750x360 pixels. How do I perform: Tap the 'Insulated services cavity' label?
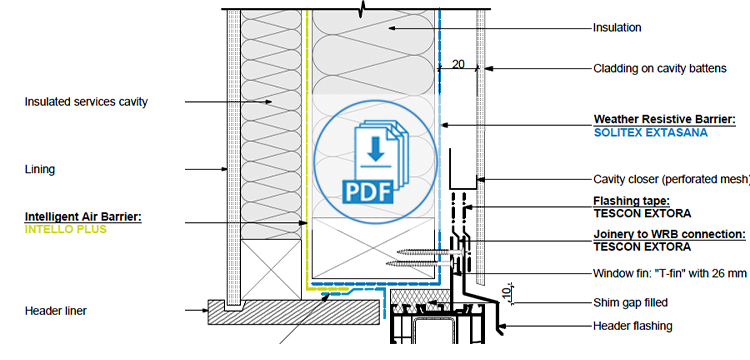point(86,101)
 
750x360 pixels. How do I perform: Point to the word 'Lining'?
point(39,169)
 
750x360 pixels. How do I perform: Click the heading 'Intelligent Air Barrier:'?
point(83,216)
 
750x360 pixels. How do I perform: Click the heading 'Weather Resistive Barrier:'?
point(664,118)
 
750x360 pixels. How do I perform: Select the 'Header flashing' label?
point(632,325)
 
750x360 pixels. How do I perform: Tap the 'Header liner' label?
point(56,311)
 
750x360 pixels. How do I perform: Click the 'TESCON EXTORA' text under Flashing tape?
point(641,213)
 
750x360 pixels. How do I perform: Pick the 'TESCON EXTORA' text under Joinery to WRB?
point(641,246)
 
